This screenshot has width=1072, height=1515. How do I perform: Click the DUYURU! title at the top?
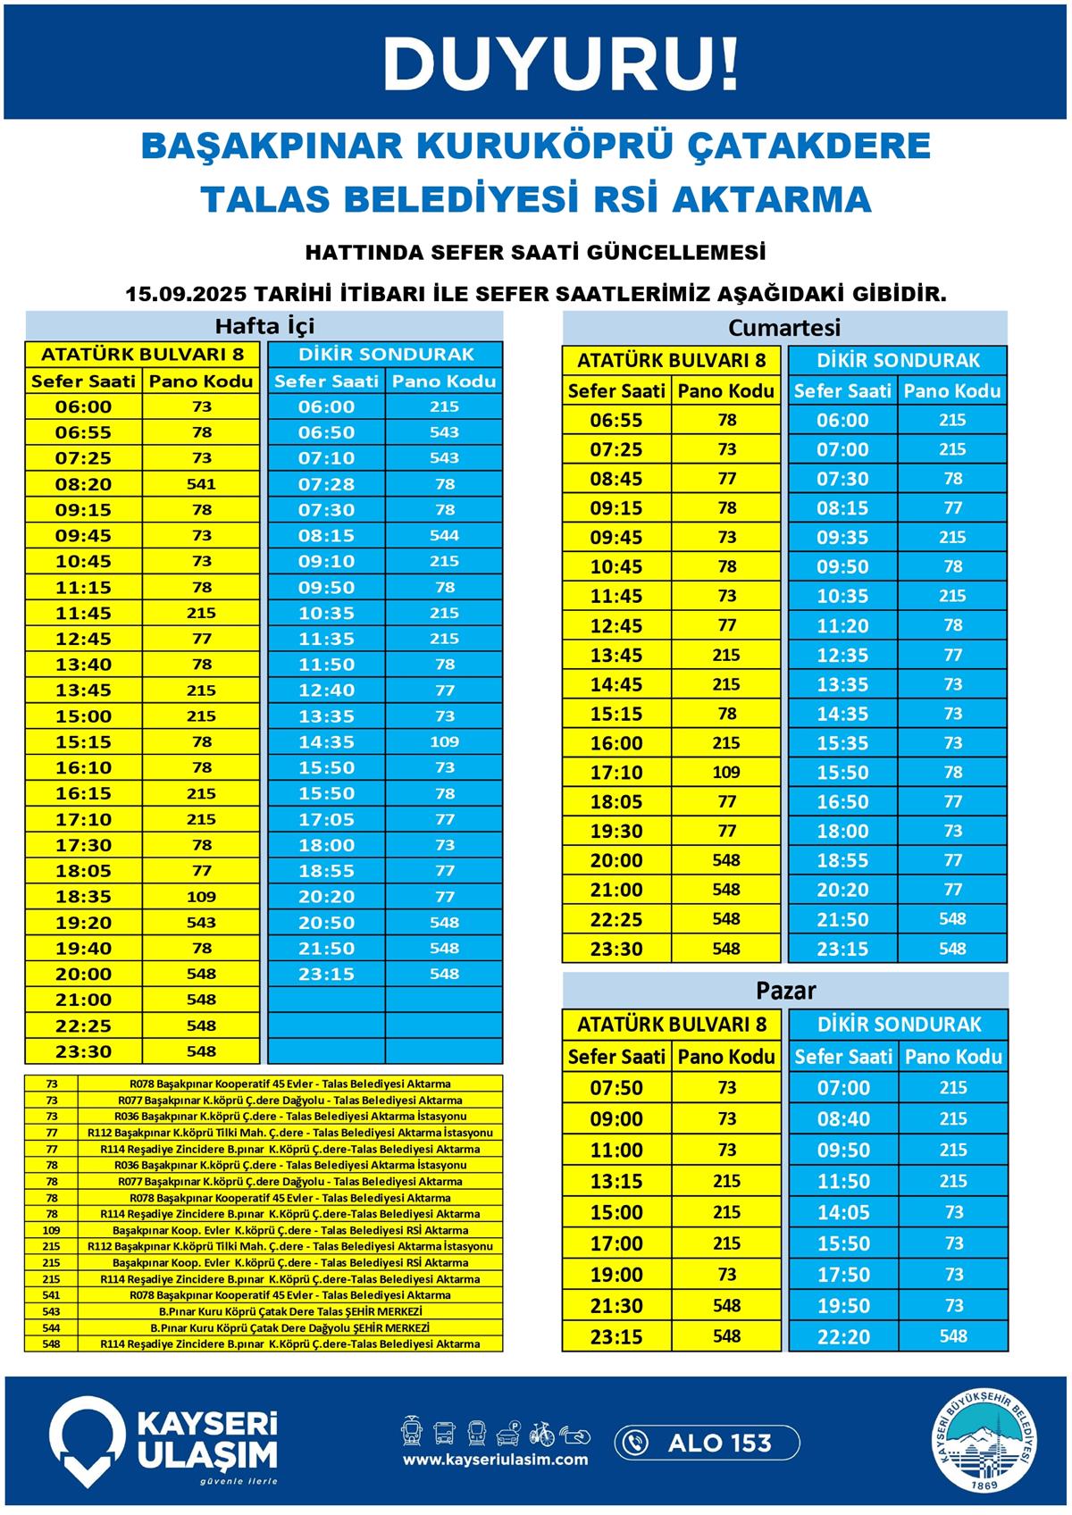[561, 64]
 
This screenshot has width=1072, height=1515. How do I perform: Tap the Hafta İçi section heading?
[264, 325]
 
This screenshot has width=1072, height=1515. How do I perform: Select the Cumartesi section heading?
[784, 328]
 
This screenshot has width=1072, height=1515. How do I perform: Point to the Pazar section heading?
[785, 991]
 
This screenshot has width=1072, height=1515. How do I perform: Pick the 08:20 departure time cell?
[83, 484]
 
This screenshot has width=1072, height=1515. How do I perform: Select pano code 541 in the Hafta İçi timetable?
[202, 484]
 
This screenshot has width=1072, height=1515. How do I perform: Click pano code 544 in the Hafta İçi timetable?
[444, 536]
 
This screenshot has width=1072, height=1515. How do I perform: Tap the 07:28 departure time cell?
[326, 484]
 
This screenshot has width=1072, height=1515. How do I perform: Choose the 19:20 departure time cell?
[83, 923]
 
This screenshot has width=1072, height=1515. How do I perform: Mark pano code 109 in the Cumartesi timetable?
[726, 773]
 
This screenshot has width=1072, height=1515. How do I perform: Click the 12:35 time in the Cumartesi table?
[842, 656]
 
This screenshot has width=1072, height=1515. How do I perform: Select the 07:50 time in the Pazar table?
[616, 1088]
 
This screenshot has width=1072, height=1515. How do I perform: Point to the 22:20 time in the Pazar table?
[843, 1337]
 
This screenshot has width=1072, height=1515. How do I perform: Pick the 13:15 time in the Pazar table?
[616, 1182]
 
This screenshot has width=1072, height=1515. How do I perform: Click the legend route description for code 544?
[289, 1328]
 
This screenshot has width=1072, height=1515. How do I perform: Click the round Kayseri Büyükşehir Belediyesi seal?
[989, 1442]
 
